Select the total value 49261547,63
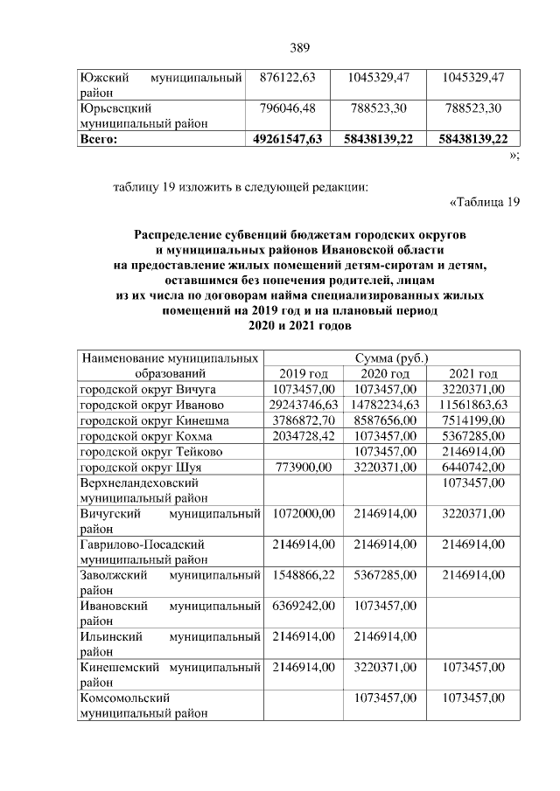[288, 138]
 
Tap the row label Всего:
[99, 138]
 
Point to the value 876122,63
[288, 78]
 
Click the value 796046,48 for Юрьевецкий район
[288, 108]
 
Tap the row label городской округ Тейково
[150, 451]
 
